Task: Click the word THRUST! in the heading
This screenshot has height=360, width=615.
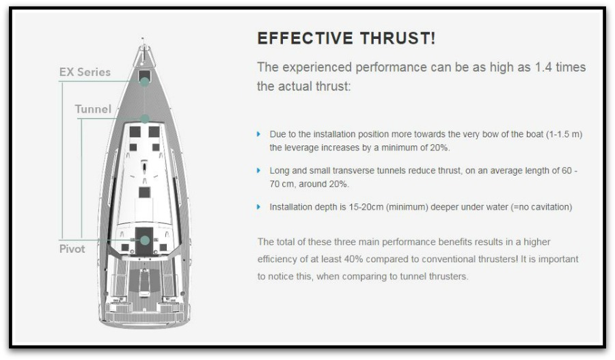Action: [x=397, y=38]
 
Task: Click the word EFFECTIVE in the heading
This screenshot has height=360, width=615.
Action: [x=305, y=38]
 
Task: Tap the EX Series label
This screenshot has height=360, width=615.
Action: [x=85, y=72]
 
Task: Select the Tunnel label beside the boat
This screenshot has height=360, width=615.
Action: [x=93, y=109]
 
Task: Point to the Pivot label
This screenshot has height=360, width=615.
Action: [x=72, y=249]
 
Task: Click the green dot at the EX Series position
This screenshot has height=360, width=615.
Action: [x=145, y=81]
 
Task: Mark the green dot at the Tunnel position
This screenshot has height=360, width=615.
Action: [x=145, y=118]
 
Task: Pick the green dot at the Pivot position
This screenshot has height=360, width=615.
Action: [x=145, y=240]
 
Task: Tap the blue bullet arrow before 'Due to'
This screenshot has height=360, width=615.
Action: [x=258, y=134]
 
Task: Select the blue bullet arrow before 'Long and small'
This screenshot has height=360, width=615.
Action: [x=258, y=171]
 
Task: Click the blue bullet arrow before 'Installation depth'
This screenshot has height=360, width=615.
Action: [x=258, y=207]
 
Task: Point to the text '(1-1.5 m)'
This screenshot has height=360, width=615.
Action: [x=564, y=134]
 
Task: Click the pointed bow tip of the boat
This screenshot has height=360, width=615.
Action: [x=142, y=38]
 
